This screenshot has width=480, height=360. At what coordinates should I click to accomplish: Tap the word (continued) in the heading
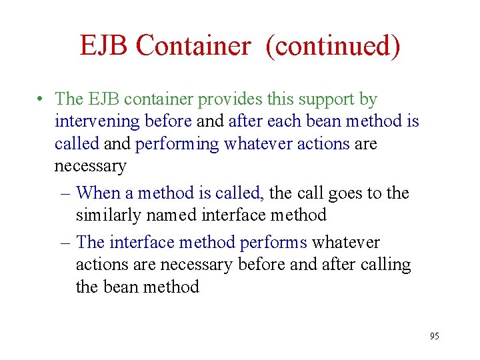[333, 46]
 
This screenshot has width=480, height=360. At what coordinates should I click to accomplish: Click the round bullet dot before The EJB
[41, 101]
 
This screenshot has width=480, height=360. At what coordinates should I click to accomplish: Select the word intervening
[97, 121]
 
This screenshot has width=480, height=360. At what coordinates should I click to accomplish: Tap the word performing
[177, 144]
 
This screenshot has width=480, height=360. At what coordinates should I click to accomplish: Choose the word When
[98, 193]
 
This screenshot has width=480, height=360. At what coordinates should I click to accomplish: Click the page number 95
[434, 337]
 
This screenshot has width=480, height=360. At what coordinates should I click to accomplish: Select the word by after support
[368, 99]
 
